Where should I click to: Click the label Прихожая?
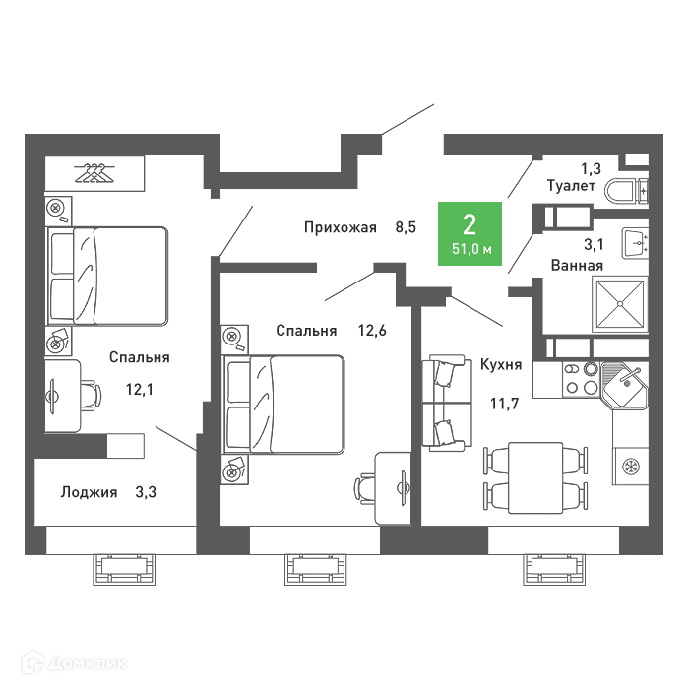tap(341, 227)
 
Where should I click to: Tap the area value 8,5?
tap(406, 227)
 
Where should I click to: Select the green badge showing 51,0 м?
tap(470, 234)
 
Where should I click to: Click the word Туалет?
tap(571, 186)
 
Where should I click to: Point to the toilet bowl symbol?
tap(626, 192)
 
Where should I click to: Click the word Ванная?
tap(577, 266)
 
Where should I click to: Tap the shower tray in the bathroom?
tap(620, 303)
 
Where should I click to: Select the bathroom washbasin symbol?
tap(635, 243)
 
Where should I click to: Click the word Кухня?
tap(501, 365)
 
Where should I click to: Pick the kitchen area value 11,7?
tap(504, 404)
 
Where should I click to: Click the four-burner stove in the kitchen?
tap(582, 380)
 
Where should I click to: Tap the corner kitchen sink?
tap(624, 384)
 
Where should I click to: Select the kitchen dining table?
tap(535, 477)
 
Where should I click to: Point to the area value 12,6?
tap(372, 330)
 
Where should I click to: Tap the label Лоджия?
tap(90, 492)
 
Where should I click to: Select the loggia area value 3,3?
tap(146, 492)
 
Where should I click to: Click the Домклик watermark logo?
tap(74, 662)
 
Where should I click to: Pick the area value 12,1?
tap(140, 390)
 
